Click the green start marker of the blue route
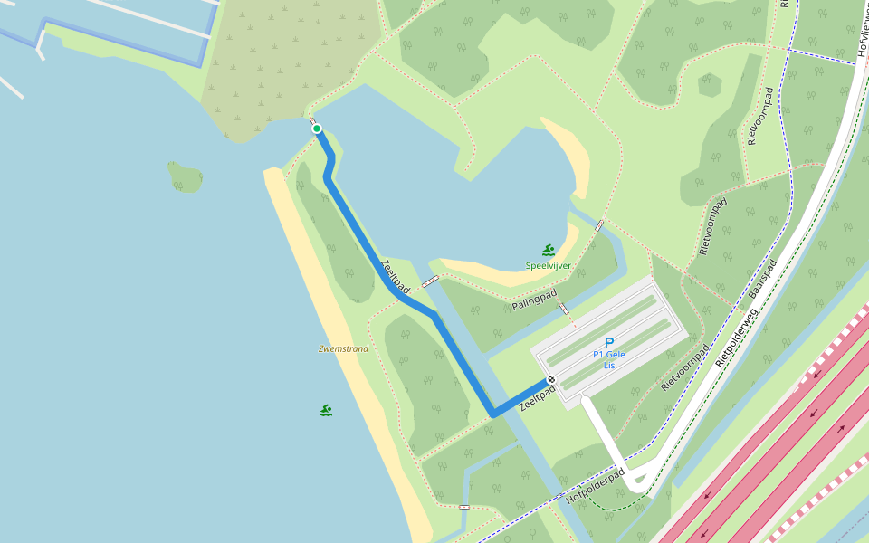coord(317,129)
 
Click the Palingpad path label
coord(533,300)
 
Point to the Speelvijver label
coord(548,265)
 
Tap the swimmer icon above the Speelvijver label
coord(549,250)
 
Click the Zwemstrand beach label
coord(343,348)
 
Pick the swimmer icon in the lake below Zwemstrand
coord(326,410)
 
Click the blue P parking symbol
coord(608,343)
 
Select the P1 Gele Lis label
coord(609,359)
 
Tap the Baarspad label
coord(763,281)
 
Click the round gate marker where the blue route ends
coord(550,380)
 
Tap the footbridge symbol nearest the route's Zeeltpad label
coord(430,281)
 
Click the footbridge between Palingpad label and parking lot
coord(564,309)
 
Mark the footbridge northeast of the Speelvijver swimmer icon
coord(599,225)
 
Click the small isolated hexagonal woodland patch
coord(710,85)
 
